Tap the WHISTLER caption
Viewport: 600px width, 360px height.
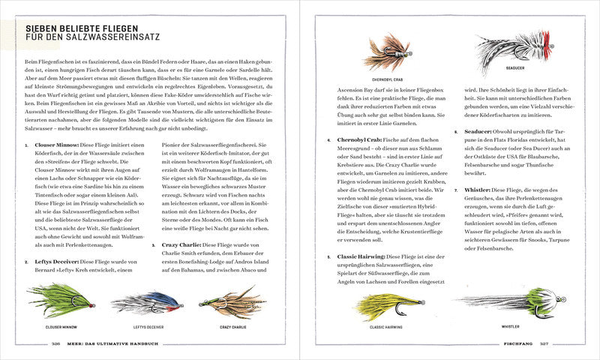(510, 327)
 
